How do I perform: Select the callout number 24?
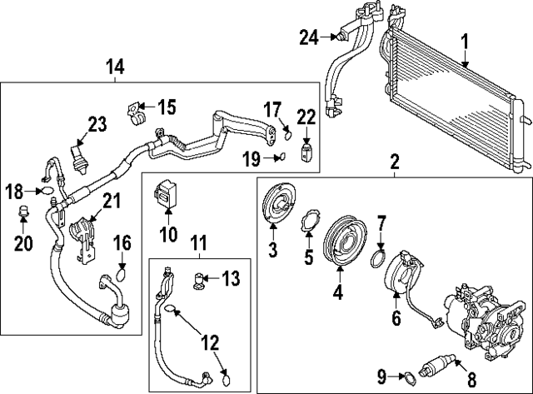pyautogui.click(x=310, y=37)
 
